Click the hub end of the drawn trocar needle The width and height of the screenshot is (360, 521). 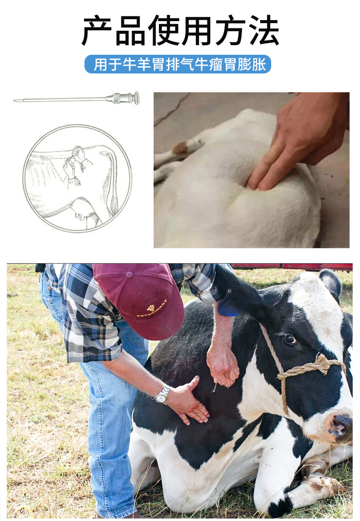pos(135,98)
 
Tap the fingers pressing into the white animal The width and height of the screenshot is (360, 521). pos(266,173)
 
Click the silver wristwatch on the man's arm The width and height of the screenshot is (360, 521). pos(162,394)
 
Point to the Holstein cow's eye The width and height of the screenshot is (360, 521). pos(290,339)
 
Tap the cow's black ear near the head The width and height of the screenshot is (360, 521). pos(330,284)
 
